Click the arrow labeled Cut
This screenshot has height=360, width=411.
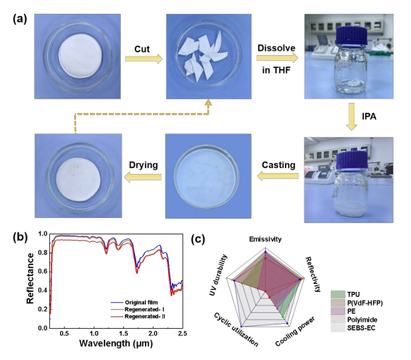point(144,59)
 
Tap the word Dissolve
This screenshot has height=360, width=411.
point(276,49)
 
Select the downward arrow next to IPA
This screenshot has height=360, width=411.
point(352,117)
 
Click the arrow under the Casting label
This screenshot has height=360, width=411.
point(278,176)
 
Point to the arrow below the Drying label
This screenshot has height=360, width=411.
point(143,177)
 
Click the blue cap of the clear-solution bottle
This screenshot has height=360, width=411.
point(352,35)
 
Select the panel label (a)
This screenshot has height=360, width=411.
point(20,19)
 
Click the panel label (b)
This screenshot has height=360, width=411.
point(20,237)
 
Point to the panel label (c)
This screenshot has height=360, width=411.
point(198,239)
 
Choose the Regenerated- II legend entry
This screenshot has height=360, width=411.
point(138,317)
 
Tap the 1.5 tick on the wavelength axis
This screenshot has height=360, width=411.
point(123,333)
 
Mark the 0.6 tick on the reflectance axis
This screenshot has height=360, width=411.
point(43,272)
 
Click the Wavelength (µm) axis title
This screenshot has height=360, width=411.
point(116,343)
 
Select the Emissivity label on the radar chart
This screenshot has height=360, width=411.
point(265,239)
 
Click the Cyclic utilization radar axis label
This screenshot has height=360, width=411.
point(236,330)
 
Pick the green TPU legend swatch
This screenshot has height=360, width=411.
point(338,295)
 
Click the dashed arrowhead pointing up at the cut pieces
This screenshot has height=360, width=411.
point(208,103)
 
